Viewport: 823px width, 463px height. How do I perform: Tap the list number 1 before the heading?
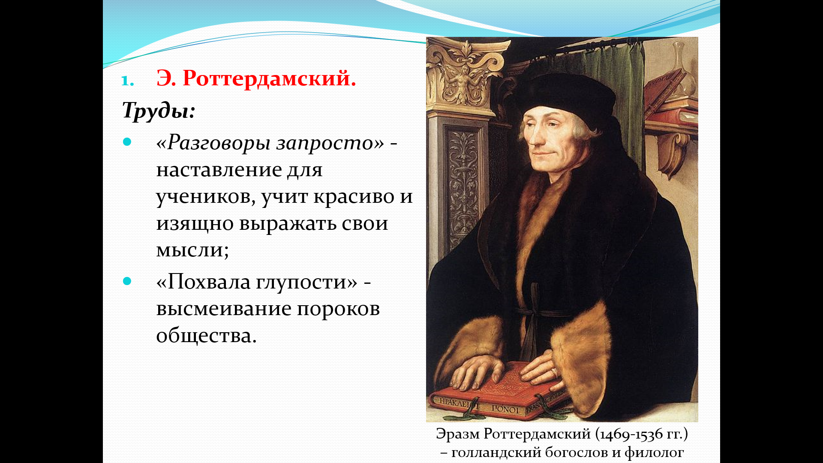[127, 81]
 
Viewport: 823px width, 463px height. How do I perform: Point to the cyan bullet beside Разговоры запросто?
[127, 142]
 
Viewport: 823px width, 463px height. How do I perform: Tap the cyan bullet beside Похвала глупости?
[127, 281]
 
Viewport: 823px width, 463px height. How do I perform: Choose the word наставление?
[219, 170]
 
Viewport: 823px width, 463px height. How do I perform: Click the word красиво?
[354, 197]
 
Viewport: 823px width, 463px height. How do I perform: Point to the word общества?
[206, 336]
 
